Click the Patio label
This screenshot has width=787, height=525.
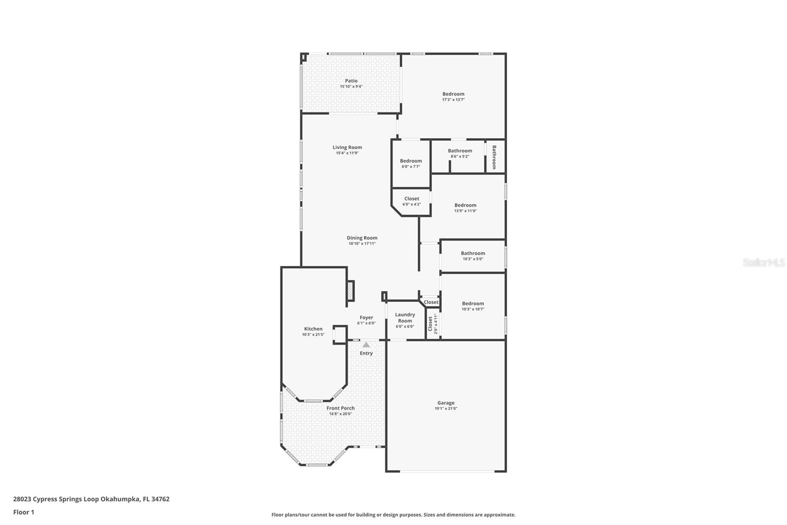[x=351, y=81]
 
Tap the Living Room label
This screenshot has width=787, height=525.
[x=347, y=147]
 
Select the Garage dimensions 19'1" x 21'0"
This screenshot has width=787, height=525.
[x=446, y=408]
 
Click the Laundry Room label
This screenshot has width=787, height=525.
[x=405, y=318]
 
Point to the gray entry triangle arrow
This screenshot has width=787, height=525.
[x=366, y=345]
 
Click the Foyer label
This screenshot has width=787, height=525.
[x=366, y=318]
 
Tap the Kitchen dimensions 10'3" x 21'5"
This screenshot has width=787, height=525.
[x=313, y=334]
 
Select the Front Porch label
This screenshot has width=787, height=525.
[x=340, y=408]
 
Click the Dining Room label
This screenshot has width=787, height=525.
[x=362, y=238]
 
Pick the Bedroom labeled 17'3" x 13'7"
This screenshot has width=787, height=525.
[x=453, y=94]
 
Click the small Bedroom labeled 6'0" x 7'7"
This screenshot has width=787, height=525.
[x=411, y=161]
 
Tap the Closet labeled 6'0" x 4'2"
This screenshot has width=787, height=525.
[x=412, y=199]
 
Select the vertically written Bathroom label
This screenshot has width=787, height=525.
[x=494, y=157]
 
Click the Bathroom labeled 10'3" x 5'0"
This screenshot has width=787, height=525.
[x=473, y=253]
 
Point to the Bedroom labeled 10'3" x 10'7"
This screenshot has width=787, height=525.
[x=473, y=303]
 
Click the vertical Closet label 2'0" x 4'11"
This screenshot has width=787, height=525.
[x=430, y=324]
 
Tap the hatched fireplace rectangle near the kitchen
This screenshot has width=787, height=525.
[x=351, y=291]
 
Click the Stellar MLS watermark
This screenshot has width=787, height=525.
[x=763, y=263]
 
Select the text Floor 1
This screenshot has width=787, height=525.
[x=24, y=512]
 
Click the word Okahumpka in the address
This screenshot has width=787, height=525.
[x=121, y=499]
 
